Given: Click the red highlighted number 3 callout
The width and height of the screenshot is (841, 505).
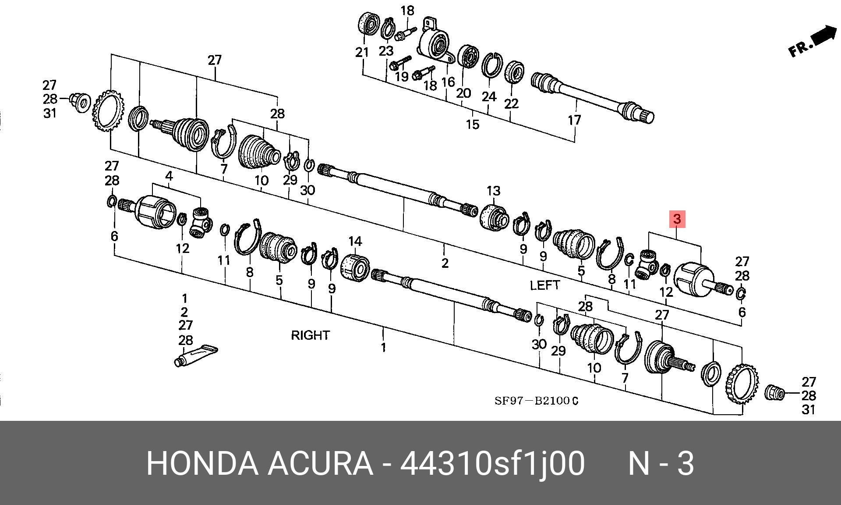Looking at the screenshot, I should (677, 219).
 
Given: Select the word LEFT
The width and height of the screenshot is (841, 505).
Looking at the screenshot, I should (544, 285).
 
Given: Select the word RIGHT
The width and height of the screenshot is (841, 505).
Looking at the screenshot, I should (310, 335).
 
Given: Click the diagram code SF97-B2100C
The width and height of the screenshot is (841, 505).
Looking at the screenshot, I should (536, 401).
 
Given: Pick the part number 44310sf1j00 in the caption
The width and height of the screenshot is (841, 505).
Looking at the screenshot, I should (492, 464).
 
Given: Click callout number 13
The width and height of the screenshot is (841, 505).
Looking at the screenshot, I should (493, 191).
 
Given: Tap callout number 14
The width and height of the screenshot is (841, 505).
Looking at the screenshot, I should (355, 241).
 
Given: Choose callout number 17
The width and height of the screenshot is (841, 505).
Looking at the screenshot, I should (574, 120).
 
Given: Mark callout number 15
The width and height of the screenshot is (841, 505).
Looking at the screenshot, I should (472, 124).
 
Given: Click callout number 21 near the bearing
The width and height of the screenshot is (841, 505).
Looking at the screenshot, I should (362, 53).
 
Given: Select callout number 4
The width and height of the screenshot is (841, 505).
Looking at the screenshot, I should (169, 176).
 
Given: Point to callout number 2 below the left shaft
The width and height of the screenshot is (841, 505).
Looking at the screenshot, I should (445, 263).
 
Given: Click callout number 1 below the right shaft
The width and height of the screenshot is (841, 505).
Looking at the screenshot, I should (383, 348).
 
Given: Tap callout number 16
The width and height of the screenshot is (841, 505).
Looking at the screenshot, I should (448, 82).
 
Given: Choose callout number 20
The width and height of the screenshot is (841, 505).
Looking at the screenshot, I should (463, 93).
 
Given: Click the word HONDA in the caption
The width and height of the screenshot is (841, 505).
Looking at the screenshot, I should (201, 464).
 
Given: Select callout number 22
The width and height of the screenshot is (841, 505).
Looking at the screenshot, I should (511, 103).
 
